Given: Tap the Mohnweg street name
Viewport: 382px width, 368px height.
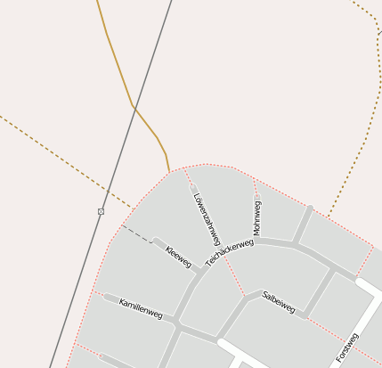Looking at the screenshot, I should tap(257, 217).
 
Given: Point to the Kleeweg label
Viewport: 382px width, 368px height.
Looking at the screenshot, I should tap(178, 257).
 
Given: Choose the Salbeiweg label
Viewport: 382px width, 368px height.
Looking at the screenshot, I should tap(279, 301).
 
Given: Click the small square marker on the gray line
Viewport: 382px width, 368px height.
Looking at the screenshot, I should tap(101, 211).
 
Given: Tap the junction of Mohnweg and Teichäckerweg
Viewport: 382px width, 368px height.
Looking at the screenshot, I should tap(258, 241).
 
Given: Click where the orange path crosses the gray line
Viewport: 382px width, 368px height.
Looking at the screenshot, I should tap(134, 107).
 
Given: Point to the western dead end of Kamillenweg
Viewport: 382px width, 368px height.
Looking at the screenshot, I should tap(106, 297).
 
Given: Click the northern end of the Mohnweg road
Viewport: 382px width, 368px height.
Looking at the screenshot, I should tap(255, 184).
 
